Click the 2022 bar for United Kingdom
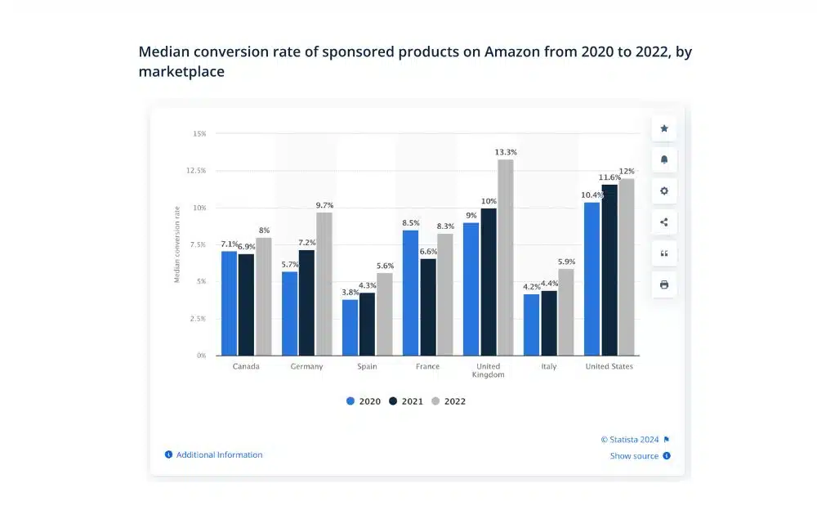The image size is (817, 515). pyautogui.click(x=506, y=257)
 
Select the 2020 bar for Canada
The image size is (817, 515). pyautogui.click(x=229, y=303)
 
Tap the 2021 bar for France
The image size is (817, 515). pyautogui.click(x=427, y=307)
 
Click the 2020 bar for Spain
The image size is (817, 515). pyautogui.click(x=350, y=327)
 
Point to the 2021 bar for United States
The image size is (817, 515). pyautogui.click(x=609, y=270)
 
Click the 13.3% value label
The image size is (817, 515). pyautogui.click(x=506, y=153)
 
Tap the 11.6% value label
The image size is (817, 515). pyautogui.click(x=609, y=177)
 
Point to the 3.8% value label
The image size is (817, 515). pyautogui.click(x=349, y=293)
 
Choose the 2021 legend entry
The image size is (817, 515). pyautogui.click(x=405, y=401)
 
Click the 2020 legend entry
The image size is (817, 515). pyautogui.click(x=364, y=401)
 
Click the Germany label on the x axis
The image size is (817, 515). pyautogui.click(x=306, y=367)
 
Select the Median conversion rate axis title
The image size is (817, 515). pyautogui.click(x=176, y=244)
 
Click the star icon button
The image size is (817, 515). pyautogui.click(x=663, y=128)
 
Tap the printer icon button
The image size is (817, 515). pyautogui.click(x=663, y=284)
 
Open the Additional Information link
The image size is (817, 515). pyautogui.click(x=218, y=455)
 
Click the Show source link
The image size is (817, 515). pyautogui.click(x=634, y=456)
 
